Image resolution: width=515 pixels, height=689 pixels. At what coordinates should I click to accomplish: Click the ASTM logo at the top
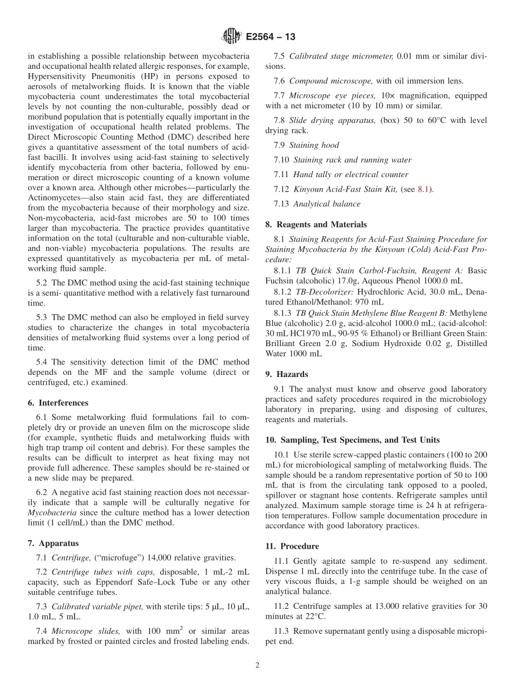point(230,37)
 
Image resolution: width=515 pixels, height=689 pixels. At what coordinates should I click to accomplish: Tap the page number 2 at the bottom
point(257,665)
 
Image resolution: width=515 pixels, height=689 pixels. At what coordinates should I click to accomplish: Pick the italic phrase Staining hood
point(314,145)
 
